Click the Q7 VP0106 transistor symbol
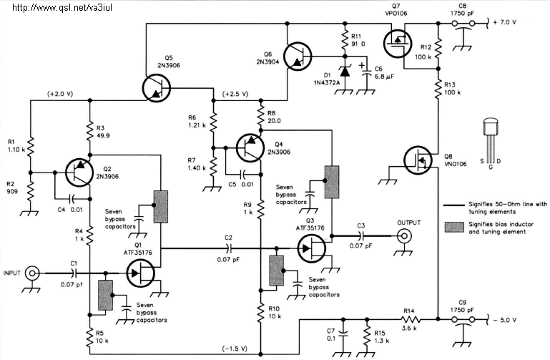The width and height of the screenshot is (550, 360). pos(398,44)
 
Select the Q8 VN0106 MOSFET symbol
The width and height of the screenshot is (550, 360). pos(418,160)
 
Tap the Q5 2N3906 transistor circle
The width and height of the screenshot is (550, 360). pos(157,88)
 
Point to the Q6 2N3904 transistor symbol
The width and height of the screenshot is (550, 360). pos(298,56)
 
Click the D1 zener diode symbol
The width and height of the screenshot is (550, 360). pos(345,72)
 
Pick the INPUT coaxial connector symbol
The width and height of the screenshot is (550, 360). pos(33,273)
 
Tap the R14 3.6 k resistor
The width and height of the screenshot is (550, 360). pos(411,319)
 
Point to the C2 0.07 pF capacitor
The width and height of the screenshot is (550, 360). pos(228,248)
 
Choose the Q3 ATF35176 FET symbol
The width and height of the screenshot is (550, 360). pos(312,248)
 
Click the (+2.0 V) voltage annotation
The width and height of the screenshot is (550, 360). pos(60,94)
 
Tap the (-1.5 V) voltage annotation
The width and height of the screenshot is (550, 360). pos(235,349)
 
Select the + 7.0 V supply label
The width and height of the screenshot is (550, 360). pos(504,22)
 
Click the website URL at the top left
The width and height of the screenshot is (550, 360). pos(62,7)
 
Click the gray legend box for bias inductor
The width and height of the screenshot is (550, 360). pos(454,228)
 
